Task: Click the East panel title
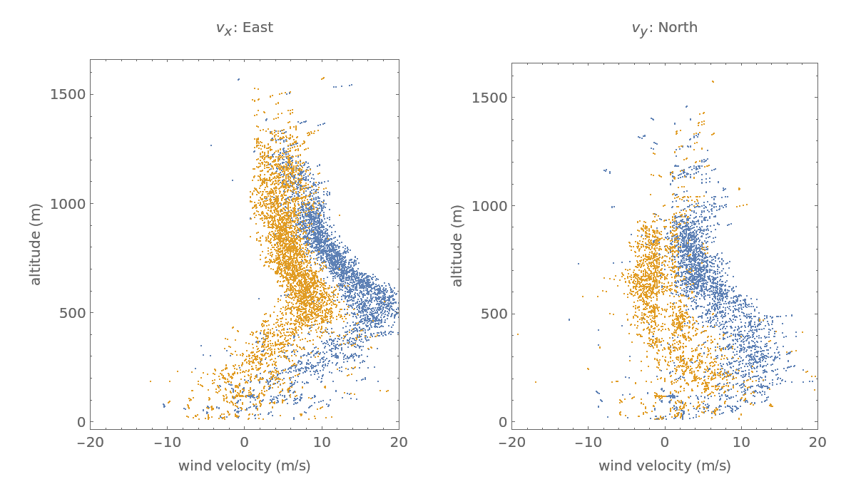coord(244,28)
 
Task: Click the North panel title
coord(664,28)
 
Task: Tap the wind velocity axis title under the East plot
coord(244,466)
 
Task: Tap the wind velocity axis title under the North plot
coord(664,466)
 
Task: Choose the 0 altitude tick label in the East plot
coord(81,422)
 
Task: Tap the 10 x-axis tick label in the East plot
coord(322,442)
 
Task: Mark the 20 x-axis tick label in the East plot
coord(399,442)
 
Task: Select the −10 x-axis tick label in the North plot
coord(588,442)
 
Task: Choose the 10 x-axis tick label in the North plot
coord(741,442)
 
